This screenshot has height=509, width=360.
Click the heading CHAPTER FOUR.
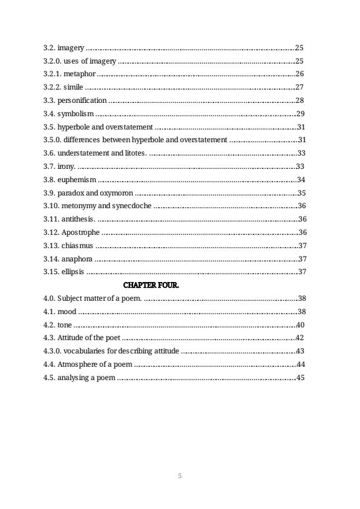pyautogui.click(x=151, y=284)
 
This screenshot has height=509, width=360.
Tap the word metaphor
pyautogui.click(x=81, y=74)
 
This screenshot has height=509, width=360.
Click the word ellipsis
pyautogui.click(x=73, y=272)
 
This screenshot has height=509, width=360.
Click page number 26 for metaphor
pyautogui.click(x=299, y=74)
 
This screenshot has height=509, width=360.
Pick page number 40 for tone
pyautogui.click(x=300, y=325)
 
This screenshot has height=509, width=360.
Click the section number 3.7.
pyautogui.click(x=48, y=166)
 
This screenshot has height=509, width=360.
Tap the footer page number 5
pyautogui.click(x=180, y=476)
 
